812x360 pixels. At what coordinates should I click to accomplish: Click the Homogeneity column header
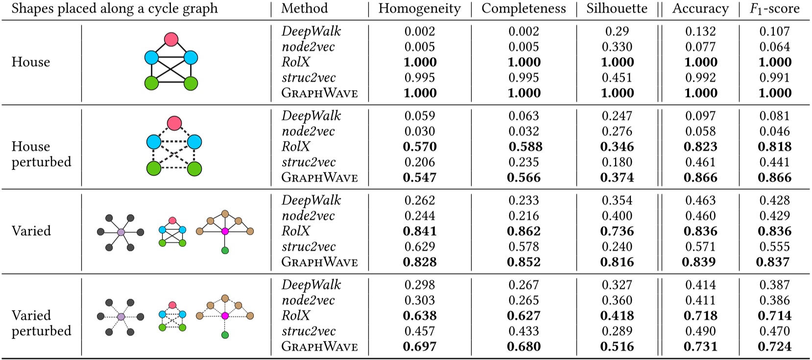(419, 9)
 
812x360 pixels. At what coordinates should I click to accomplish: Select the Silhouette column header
(617, 9)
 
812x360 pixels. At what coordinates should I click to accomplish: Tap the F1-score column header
(774, 9)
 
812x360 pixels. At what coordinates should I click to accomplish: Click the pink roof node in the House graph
(171, 39)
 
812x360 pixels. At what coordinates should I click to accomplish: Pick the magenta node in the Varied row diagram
(225, 231)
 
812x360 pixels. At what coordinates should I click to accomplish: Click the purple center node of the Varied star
(121, 232)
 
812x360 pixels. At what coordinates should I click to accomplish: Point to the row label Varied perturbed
(41, 323)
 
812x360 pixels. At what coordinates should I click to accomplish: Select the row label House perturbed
(41, 154)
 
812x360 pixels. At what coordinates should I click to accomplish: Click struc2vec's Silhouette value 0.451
(617, 77)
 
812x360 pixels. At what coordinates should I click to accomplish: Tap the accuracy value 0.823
(700, 146)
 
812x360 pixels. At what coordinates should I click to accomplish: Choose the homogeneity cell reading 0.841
(420, 231)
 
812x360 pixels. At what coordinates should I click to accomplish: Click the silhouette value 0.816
(617, 262)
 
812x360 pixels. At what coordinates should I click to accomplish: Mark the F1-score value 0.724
(774, 346)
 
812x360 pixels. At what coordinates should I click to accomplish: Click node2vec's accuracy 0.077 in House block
(700, 47)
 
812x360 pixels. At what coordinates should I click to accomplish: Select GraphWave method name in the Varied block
(319, 262)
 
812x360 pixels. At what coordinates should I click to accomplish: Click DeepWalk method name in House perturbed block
(311, 116)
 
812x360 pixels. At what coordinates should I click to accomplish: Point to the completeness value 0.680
(524, 346)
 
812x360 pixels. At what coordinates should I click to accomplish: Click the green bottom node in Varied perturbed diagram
(225, 335)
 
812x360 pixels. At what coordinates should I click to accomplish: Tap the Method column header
(304, 9)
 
